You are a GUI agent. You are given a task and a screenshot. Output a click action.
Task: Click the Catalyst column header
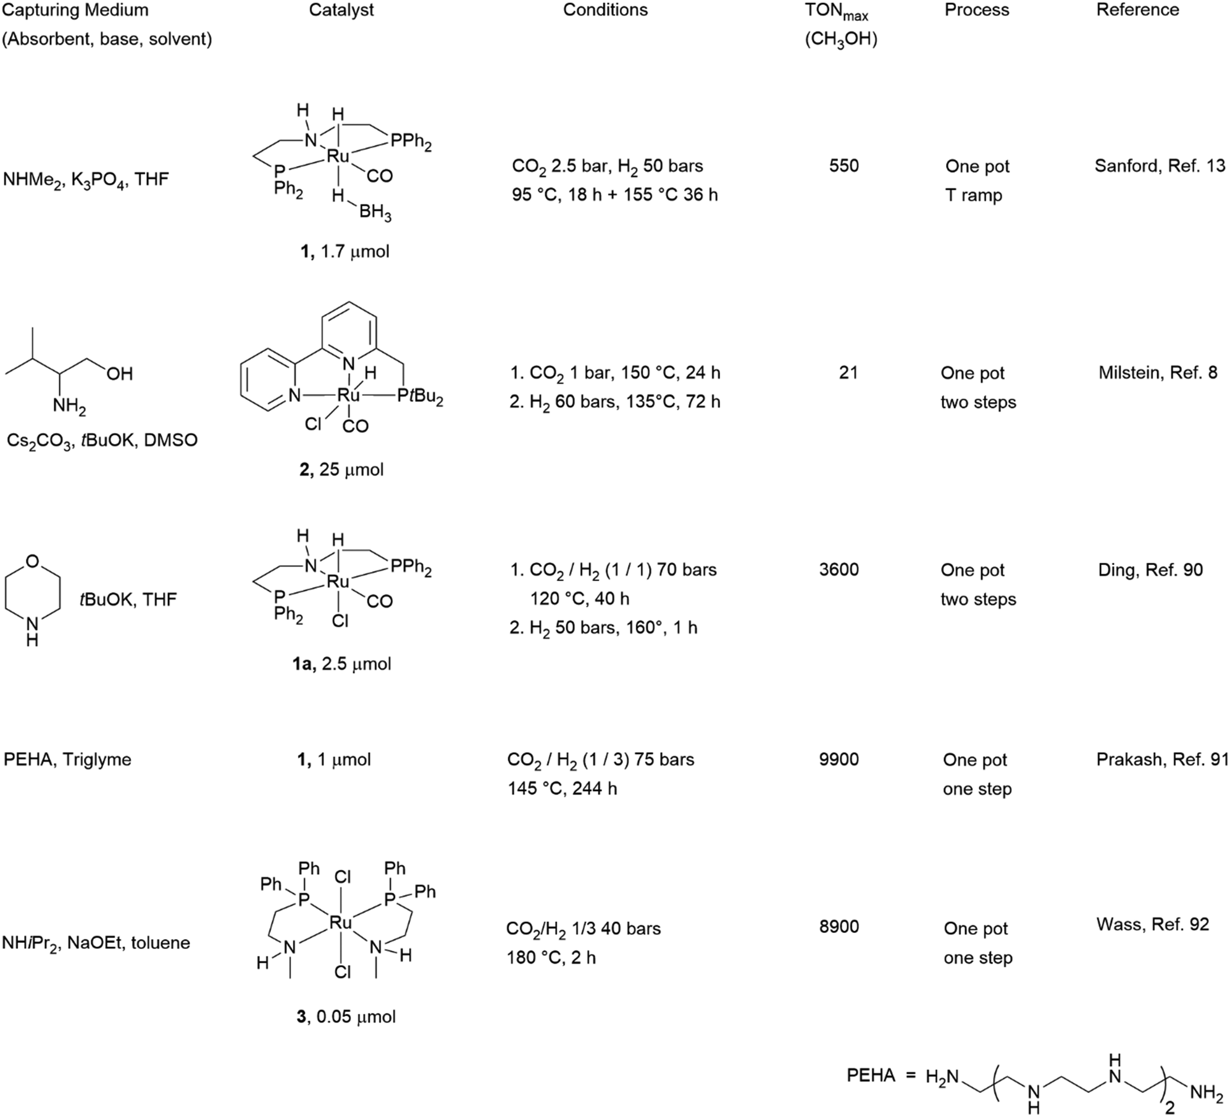(x=341, y=10)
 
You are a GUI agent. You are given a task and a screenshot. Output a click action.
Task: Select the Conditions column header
(x=605, y=10)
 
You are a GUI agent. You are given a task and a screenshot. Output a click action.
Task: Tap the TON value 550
(x=844, y=165)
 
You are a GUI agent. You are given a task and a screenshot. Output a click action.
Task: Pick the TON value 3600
(x=839, y=569)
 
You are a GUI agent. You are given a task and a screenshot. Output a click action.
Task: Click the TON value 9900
(x=839, y=759)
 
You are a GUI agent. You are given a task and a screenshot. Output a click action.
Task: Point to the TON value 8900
(x=839, y=927)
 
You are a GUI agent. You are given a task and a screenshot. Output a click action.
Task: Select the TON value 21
(x=848, y=372)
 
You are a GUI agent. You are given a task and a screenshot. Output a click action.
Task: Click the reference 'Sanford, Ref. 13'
(x=1160, y=165)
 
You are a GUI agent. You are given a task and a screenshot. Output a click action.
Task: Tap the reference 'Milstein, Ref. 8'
(x=1158, y=372)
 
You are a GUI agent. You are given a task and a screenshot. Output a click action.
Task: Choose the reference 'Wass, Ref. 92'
(x=1153, y=924)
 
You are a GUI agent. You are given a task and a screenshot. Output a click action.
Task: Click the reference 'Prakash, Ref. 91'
(x=1163, y=759)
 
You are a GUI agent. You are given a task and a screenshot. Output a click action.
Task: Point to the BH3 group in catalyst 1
(x=375, y=213)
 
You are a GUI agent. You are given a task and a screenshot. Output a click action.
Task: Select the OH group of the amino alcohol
(x=120, y=374)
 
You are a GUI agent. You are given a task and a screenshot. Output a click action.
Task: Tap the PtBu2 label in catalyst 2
(x=420, y=396)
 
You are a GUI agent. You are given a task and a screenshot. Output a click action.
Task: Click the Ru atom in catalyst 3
(x=341, y=922)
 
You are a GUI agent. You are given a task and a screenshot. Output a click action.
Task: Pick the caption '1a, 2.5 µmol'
(x=341, y=664)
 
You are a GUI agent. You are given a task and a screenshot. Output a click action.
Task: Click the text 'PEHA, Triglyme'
(x=67, y=759)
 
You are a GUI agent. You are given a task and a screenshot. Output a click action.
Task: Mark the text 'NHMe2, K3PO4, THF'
(x=86, y=180)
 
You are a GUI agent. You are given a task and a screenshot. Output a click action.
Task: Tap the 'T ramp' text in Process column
(x=974, y=195)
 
